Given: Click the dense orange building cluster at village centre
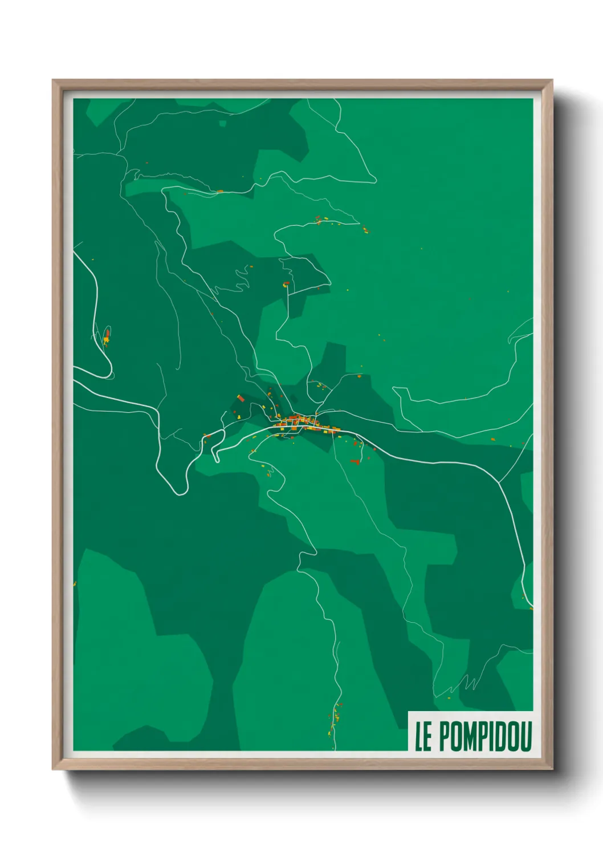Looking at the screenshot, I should click(299, 423).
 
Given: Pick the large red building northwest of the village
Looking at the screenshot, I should click(241, 398).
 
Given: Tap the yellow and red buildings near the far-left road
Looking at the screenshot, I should click(107, 336).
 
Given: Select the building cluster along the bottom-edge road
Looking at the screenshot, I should click(335, 719).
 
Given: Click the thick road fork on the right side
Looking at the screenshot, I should click(499, 482).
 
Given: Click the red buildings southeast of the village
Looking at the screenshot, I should click(356, 461).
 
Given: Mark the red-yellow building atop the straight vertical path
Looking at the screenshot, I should click(287, 283).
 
